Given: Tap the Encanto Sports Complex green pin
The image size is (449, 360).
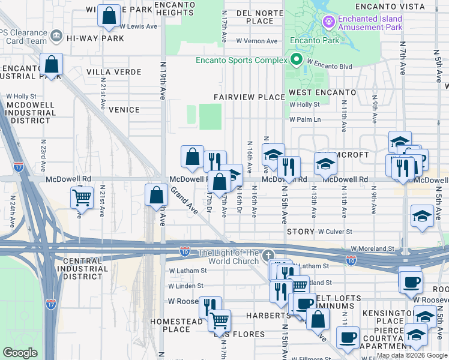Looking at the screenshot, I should pyautogui.click(x=296, y=60).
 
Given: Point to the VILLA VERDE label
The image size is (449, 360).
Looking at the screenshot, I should pyautogui.click(x=114, y=72).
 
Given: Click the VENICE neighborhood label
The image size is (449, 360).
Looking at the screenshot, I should pyautogui.click(x=124, y=110).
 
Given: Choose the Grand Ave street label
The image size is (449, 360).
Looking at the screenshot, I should pyautogui.click(x=184, y=200).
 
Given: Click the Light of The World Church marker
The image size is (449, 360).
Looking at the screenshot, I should pyautogui.click(x=268, y=254).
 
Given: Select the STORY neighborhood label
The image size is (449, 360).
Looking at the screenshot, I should pyautogui.click(x=301, y=232).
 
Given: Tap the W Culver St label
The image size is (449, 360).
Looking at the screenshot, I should pyautogui.click(x=334, y=232).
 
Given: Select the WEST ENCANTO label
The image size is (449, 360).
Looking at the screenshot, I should pyautogui.click(x=322, y=92).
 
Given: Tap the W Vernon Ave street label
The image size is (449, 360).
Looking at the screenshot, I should pyautogui.click(x=257, y=41).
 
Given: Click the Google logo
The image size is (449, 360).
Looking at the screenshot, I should pyautogui.click(x=20, y=353).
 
